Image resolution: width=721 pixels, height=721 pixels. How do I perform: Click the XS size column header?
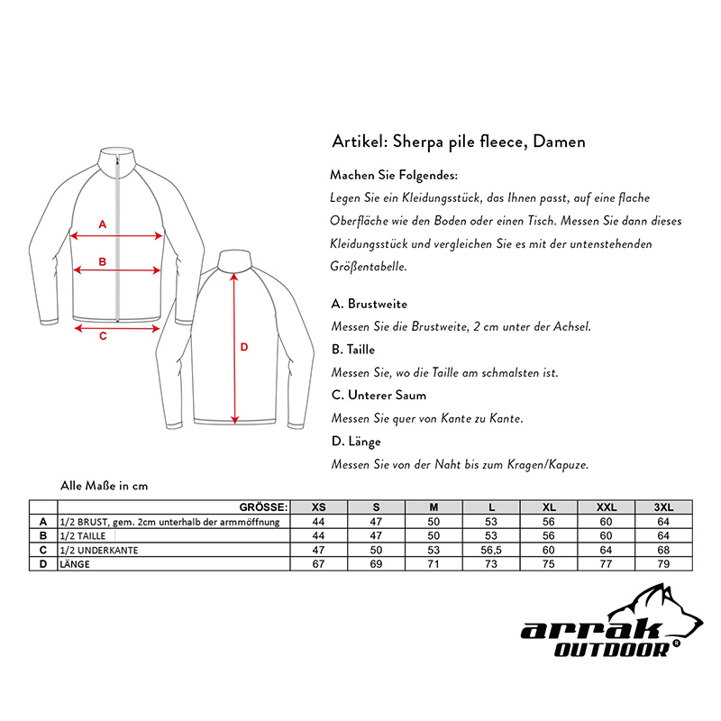318,507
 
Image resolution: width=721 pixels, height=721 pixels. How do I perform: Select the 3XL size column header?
663,507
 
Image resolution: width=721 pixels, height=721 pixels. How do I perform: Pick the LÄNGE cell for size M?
434,564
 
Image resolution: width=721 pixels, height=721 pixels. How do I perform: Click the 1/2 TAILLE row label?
83,535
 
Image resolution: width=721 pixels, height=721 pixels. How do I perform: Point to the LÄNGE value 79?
663,564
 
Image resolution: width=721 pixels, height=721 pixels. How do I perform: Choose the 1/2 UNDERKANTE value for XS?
318,550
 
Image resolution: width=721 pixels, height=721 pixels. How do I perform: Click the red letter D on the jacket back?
243,347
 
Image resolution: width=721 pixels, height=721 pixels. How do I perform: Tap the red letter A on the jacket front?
102,224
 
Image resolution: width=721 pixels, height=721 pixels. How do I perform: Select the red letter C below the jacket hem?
102,336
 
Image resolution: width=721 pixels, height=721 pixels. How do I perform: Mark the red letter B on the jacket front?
103,262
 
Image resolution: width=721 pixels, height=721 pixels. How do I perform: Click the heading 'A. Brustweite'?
370,305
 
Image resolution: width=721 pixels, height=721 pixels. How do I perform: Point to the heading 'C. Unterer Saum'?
379,395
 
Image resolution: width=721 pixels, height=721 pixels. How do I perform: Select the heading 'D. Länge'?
357,442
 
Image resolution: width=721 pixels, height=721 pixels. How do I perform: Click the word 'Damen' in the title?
562,141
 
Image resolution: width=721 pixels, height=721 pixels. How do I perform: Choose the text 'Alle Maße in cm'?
104,486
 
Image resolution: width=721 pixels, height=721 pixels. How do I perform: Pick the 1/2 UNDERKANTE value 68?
663,550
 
